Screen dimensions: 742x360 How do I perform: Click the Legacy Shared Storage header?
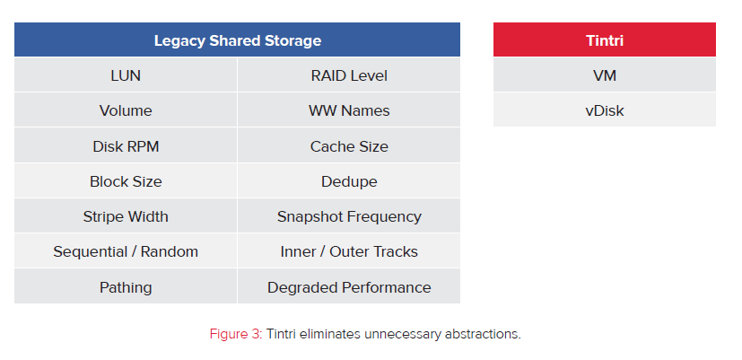pos(237,40)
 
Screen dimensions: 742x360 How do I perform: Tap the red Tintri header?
pos(605,40)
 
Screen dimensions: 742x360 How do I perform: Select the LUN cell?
pos(126,75)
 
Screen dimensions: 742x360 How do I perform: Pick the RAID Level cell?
pos(349,75)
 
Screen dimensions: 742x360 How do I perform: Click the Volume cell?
pos(126,110)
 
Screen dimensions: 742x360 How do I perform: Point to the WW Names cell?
pos(349,110)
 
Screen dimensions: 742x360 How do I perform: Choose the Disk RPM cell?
pos(126,145)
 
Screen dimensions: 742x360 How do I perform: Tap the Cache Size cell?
pos(349,145)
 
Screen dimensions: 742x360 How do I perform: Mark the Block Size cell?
pos(126,181)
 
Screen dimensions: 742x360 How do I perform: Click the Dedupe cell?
pos(349,181)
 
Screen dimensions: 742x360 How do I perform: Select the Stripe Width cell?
pos(126,216)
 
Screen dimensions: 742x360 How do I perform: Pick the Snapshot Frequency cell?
pos(349,216)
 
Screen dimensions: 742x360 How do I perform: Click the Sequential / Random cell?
pos(126,251)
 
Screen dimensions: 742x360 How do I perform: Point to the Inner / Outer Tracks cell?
pos(349,251)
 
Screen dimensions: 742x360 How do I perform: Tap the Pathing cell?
pos(126,286)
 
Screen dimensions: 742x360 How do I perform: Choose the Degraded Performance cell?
pos(349,286)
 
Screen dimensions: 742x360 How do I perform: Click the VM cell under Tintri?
pos(605,75)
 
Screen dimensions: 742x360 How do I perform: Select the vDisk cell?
pos(605,110)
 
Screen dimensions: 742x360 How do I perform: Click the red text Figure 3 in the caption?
pos(236,334)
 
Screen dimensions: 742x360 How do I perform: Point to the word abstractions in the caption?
pos(483,333)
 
